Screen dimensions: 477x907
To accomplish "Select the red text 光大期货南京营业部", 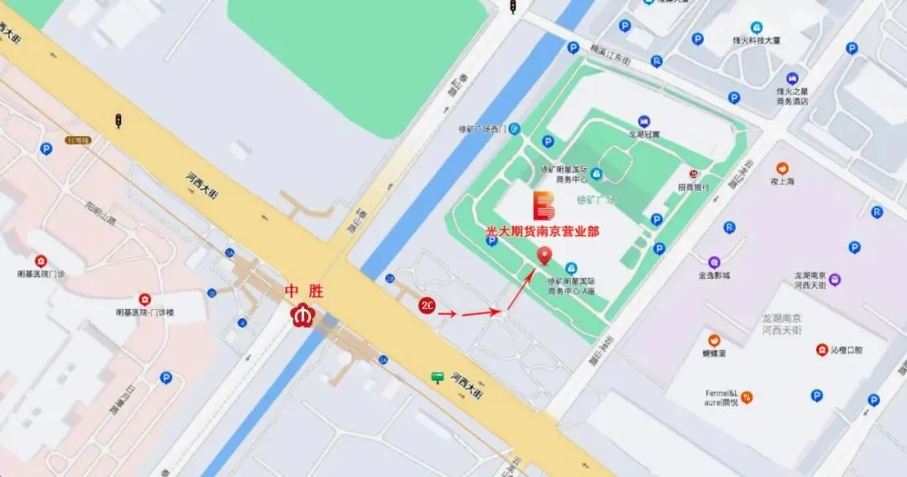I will [x=543, y=231].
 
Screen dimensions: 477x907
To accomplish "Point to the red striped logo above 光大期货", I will [x=543, y=205].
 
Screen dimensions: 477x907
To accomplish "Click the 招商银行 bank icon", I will [x=693, y=173].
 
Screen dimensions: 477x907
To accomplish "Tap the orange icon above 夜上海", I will [x=782, y=168].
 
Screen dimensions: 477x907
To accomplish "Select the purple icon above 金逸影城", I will [x=714, y=261].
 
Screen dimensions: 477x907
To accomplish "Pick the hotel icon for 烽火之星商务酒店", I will [x=792, y=79].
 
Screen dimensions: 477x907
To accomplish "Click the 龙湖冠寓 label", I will [x=644, y=133].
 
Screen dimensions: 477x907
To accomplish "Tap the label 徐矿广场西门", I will [x=481, y=129].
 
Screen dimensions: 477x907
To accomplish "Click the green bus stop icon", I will [x=437, y=378].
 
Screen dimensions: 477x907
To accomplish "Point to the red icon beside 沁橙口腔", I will [x=821, y=349].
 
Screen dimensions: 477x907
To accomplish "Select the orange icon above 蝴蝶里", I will [x=714, y=340].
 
